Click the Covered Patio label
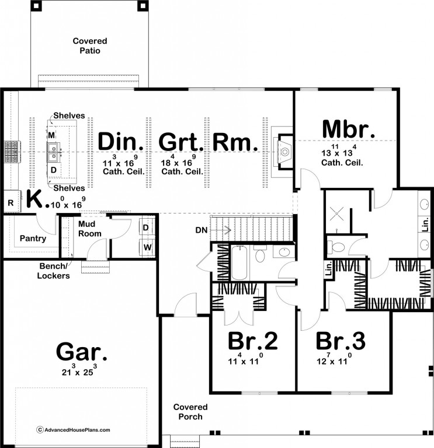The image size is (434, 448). (90, 45)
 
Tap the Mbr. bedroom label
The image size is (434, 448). (348, 129)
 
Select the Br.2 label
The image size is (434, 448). (252, 341)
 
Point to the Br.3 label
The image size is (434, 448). (341, 341)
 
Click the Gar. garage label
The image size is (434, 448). (82, 352)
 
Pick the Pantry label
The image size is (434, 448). (33, 238)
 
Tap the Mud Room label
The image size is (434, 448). (89, 229)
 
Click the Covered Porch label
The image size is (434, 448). (190, 412)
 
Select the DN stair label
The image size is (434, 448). (202, 230)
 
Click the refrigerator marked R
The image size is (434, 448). (11, 202)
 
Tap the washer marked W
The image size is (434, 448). (147, 247)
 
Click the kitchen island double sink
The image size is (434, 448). (53, 152)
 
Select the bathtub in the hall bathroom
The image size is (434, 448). (239, 262)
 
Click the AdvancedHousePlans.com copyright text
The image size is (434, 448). (73, 430)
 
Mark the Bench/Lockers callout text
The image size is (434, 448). (53, 271)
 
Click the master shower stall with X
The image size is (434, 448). (336, 213)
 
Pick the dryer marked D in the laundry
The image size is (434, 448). (146, 228)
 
